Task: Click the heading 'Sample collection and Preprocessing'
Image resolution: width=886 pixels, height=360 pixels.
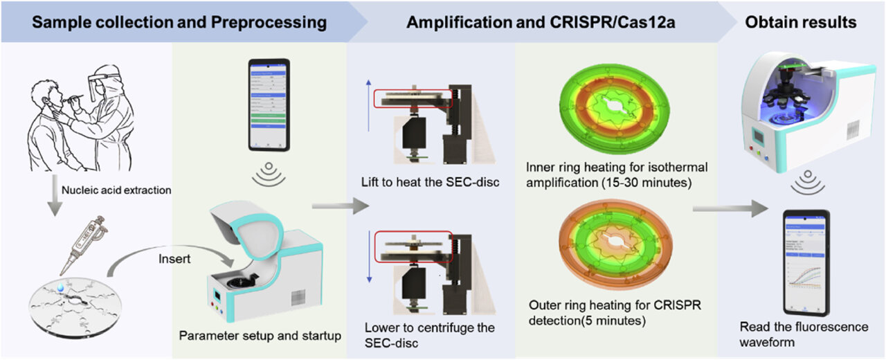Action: click(x=180, y=21)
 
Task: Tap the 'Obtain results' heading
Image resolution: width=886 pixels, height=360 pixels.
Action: click(x=800, y=21)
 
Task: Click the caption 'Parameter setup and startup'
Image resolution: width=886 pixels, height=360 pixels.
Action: click(x=260, y=337)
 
